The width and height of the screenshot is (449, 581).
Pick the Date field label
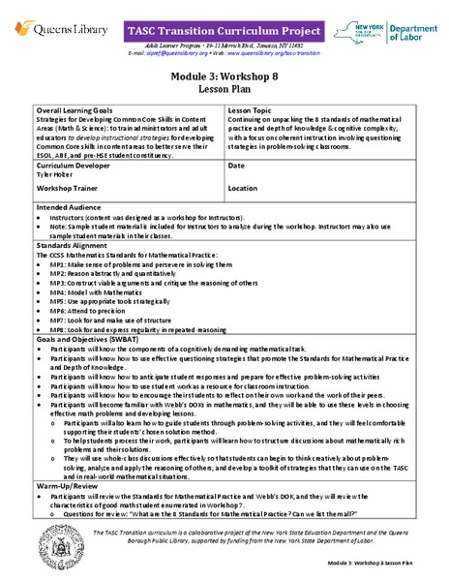point(236,165)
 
